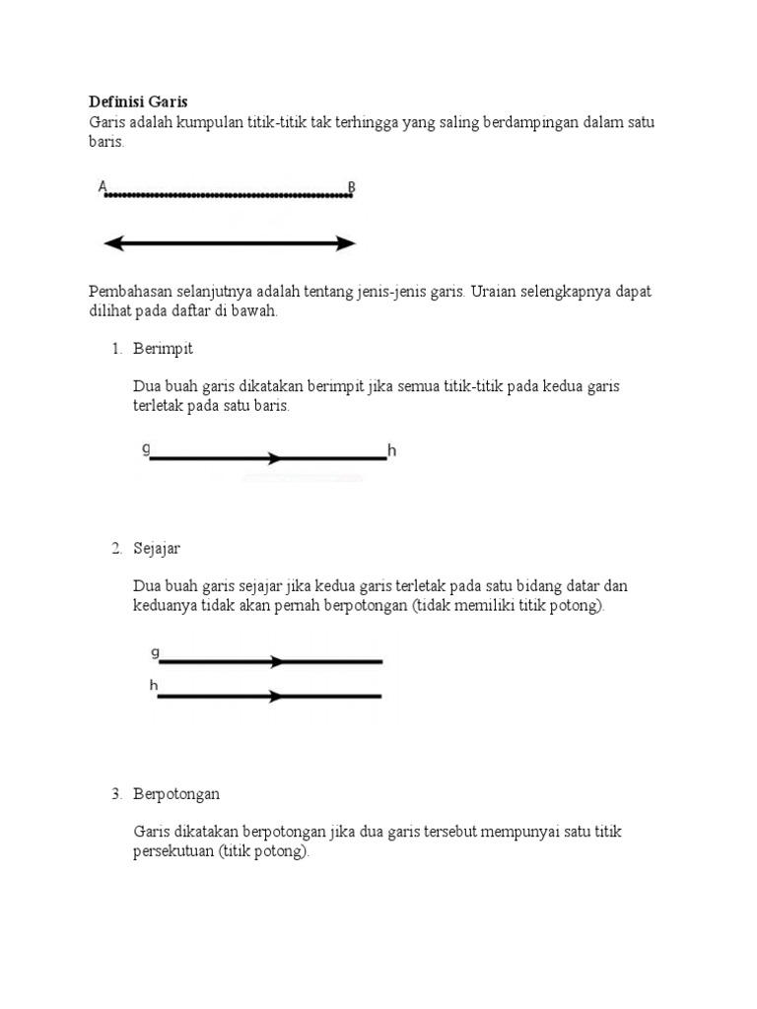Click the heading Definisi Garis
138,101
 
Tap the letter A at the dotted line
103,185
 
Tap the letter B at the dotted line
352,186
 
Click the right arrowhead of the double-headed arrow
345,243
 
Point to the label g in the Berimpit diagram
147,448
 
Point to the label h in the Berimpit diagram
391,451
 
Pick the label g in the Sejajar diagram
155,651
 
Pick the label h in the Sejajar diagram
155,685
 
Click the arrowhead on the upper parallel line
277,662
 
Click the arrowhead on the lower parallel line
277,697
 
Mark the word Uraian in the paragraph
494,292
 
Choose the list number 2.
116,548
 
